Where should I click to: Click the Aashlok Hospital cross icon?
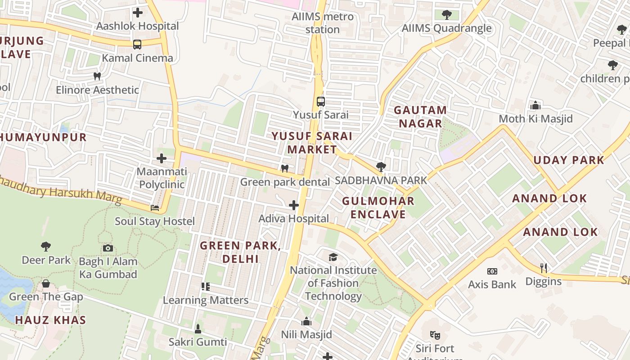point(138,13)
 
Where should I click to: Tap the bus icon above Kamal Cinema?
point(137,45)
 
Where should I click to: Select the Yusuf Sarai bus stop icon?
point(320,101)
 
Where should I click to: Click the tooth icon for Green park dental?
point(284,169)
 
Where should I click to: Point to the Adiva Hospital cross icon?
point(294,205)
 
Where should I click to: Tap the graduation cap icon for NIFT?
point(333,257)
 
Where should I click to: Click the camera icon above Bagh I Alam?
point(108,248)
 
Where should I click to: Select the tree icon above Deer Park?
point(46,246)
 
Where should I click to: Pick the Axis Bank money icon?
point(492,271)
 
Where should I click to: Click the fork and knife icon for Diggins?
point(544,268)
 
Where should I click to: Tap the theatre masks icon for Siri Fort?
point(435,335)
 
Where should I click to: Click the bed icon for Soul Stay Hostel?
point(155,208)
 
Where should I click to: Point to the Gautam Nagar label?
point(420,117)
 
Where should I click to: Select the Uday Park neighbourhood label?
point(569,160)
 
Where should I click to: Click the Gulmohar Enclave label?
point(378,207)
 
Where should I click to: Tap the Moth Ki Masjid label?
point(535,119)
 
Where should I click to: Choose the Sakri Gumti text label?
point(198,342)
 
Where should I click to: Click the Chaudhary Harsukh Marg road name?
point(63,191)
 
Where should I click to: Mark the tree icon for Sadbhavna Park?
point(381,167)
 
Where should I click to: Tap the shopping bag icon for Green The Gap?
point(46,283)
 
